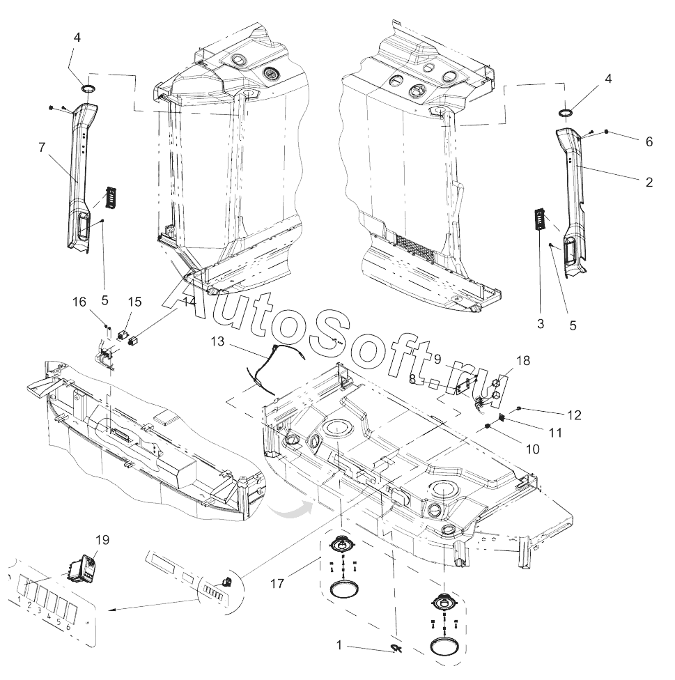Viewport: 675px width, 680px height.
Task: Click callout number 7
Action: click(x=42, y=148)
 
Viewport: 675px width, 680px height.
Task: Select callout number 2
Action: click(x=649, y=182)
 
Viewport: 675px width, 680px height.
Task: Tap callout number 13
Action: click(x=217, y=341)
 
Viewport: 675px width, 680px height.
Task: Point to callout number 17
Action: click(x=277, y=584)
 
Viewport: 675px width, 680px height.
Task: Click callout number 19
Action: click(x=102, y=540)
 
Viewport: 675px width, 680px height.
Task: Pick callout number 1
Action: click(x=339, y=646)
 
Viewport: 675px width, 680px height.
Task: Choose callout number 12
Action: click(x=575, y=415)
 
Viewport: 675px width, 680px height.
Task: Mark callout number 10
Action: click(x=533, y=449)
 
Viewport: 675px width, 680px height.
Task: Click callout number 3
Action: click(x=540, y=324)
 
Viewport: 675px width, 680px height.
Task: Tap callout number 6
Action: click(x=649, y=142)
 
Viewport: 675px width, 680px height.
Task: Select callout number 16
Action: click(x=79, y=302)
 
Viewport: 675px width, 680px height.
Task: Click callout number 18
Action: click(x=523, y=360)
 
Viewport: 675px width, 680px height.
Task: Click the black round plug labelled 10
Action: click(x=488, y=426)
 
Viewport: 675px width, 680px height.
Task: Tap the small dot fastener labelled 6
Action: click(x=606, y=131)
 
